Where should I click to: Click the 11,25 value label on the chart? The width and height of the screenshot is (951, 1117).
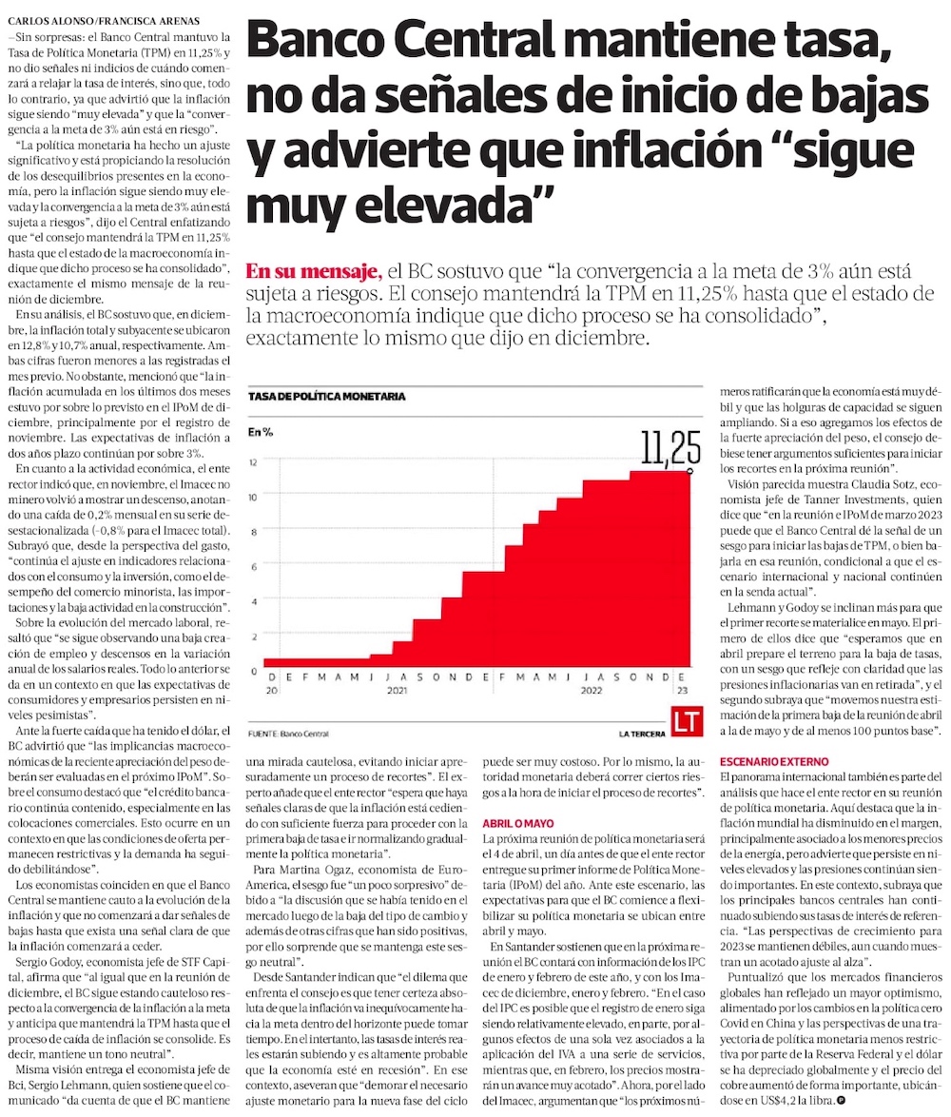coord(670,447)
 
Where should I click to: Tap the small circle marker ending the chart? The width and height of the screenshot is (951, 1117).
coord(689,470)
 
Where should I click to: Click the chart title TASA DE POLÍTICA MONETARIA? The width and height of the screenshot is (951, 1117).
coord(326,396)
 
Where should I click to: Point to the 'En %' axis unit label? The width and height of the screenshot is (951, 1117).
coord(261,432)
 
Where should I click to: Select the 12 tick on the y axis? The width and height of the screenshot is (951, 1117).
coord(253,462)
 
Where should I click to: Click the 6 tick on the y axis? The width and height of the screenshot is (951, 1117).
coord(254,567)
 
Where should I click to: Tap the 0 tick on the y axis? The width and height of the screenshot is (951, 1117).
coord(254,671)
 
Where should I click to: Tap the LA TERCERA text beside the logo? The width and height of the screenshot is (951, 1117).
coord(641,733)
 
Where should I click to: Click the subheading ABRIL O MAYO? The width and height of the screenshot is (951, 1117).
coord(516,821)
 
